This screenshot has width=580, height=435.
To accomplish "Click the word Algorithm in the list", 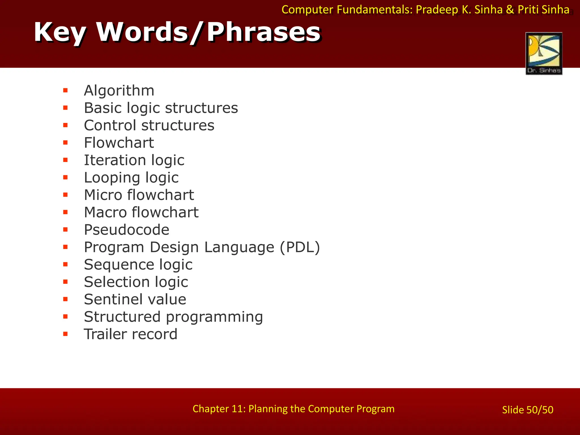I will (x=119, y=91).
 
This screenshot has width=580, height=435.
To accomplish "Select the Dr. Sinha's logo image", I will (x=544, y=54).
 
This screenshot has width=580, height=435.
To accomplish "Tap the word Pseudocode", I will (x=127, y=230).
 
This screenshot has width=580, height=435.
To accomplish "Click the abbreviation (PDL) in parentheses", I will (x=300, y=247).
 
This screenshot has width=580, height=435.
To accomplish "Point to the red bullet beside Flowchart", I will (x=65, y=143).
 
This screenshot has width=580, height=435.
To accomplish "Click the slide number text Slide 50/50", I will (x=527, y=410).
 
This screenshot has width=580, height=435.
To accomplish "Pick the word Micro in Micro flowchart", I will (x=103, y=195).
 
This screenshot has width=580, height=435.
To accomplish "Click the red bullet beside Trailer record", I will (x=65, y=334).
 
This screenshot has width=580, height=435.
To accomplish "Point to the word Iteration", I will (x=115, y=160).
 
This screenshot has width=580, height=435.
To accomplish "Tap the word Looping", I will (x=112, y=178).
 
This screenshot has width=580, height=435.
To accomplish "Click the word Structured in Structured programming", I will (x=122, y=317).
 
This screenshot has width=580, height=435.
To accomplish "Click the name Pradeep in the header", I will (x=437, y=10).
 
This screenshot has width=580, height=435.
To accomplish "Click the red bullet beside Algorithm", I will (x=65, y=91).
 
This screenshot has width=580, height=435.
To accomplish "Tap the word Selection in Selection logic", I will (x=117, y=282).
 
